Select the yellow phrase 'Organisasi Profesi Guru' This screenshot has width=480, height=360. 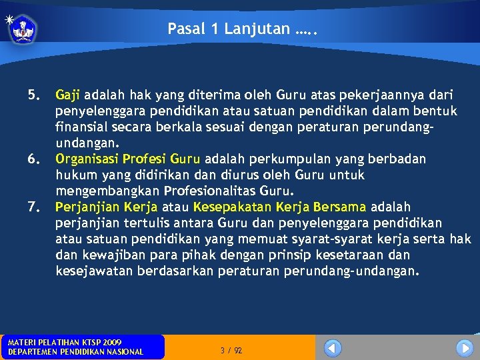127,159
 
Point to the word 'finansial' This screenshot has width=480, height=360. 81,127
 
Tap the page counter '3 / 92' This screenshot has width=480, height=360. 231,350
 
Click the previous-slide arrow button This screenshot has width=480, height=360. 333,348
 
